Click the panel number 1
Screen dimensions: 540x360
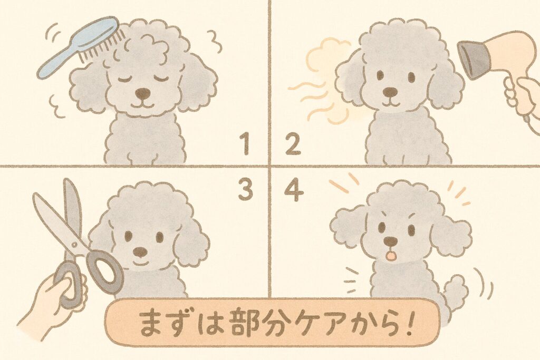[245, 144]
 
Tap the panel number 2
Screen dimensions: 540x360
[293, 144]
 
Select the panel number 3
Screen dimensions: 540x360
[246, 190]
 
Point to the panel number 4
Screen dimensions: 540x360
[294, 190]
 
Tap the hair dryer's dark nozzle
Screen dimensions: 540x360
[471, 59]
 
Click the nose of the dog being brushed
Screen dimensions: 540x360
[142, 93]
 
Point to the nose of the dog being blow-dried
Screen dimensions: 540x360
[390, 92]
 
